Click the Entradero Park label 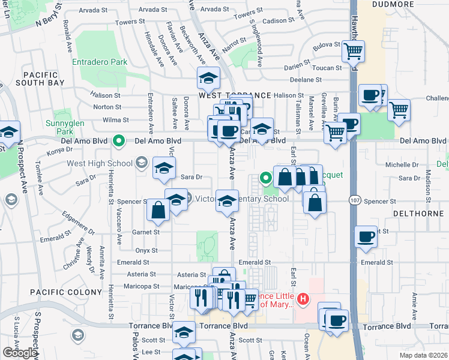100,62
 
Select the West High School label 100,163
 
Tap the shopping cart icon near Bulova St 353,51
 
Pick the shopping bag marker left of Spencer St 158,210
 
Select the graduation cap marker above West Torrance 208,78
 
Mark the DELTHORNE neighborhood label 417,213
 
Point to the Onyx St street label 146,250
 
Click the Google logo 20,353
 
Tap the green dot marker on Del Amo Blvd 119,142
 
